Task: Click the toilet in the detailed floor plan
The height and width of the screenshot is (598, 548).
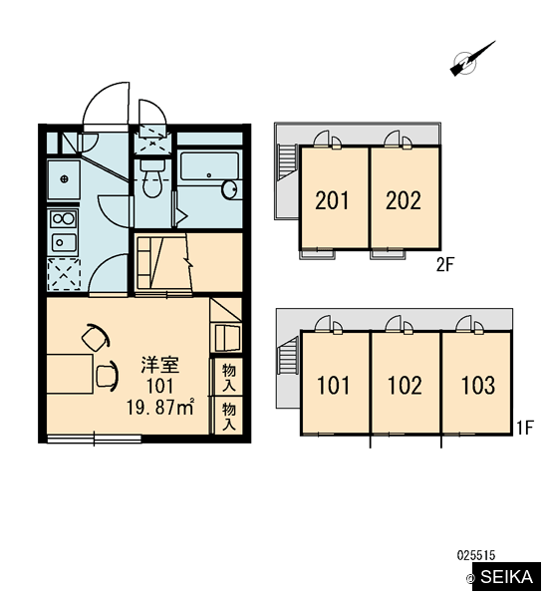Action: coord(151,178)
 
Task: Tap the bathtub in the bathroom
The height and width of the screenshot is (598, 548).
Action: coord(209,166)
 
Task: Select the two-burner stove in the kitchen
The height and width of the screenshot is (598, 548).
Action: coord(64,219)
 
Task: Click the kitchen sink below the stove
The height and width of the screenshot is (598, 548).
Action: coord(64,242)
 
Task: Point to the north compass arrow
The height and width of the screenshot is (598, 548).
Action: coord(472,59)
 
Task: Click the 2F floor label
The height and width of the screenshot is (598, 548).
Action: coord(445,265)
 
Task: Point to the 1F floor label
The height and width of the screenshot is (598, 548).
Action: coord(525,428)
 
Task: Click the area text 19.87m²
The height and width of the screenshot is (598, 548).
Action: coord(160,408)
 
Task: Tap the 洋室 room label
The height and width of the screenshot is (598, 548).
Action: coord(160,365)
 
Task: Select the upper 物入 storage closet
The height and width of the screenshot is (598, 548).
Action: coord(228,377)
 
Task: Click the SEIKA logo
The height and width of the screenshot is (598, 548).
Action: coord(506,576)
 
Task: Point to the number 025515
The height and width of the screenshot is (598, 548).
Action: coord(476,554)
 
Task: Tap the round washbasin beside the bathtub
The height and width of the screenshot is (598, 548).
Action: coord(229,189)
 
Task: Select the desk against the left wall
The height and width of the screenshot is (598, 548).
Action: coord(69,374)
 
